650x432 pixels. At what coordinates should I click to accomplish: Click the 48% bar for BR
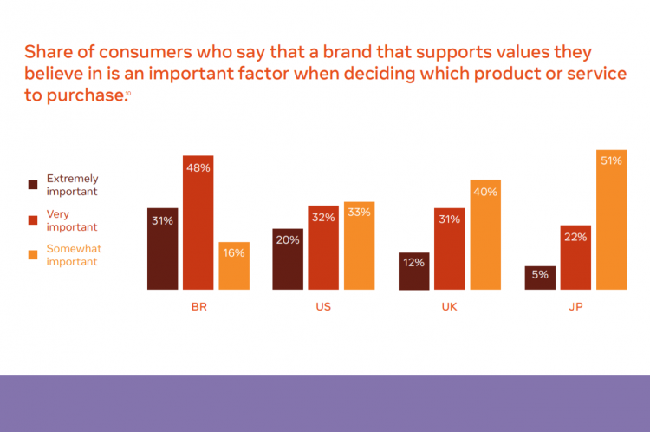coord(198,223)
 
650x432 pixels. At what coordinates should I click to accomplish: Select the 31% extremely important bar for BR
coord(162,249)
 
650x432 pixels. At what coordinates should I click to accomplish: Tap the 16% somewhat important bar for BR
coord(234,266)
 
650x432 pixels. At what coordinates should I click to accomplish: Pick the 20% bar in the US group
coord(288,259)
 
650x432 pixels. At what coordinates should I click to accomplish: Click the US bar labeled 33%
coord(359,245)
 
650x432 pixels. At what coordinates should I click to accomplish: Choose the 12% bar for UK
coord(414,272)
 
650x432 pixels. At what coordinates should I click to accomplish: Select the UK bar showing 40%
coord(485,235)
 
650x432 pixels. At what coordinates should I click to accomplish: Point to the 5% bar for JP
coord(540,278)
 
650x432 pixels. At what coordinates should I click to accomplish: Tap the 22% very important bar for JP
coord(575,258)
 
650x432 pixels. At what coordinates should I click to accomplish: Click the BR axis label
coord(198,307)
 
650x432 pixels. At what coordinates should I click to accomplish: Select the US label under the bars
coord(323,307)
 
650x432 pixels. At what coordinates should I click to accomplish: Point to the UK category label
coord(450,307)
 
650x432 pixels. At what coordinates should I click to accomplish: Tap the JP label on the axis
coord(575,307)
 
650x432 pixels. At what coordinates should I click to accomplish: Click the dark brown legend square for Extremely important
coord(33,185)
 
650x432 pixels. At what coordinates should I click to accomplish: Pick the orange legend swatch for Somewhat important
coord(33,255)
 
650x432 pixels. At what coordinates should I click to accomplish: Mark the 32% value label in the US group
coord(323,217)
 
